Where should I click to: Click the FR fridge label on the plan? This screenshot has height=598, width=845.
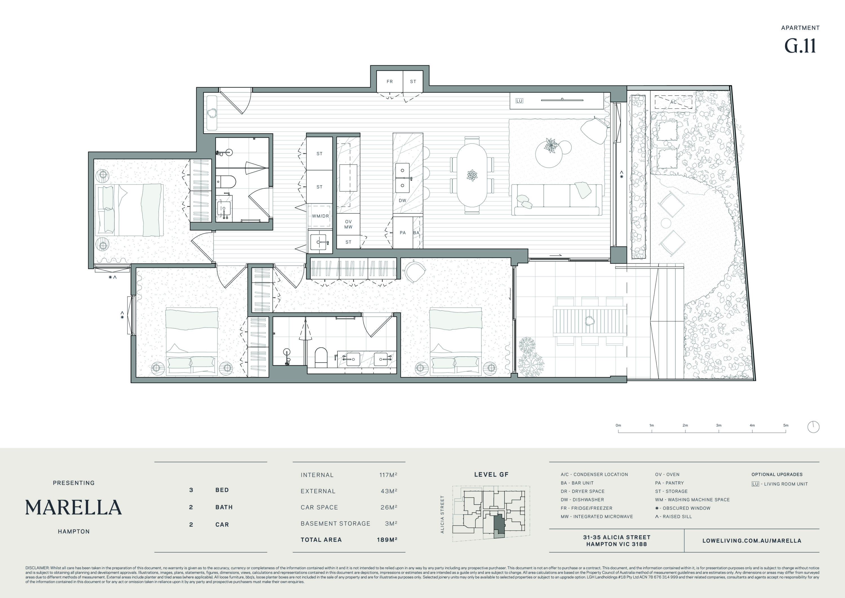point(389,82)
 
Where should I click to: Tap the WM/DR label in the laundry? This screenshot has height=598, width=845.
point(320,216)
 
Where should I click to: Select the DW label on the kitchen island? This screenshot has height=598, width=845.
point(402,200)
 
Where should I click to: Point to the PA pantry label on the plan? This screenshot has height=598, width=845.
point(403,233)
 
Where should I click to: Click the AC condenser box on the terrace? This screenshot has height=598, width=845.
point(673,102)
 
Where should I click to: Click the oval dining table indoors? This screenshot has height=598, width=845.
point(472,175)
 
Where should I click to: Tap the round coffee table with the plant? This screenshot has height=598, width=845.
point(549,154)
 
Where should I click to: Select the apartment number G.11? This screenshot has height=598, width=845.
point(800,46)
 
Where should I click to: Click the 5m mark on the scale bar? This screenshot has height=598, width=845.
point(786,431)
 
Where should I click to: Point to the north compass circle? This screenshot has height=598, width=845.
point(813,427)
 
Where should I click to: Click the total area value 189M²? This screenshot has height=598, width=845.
point(387,540)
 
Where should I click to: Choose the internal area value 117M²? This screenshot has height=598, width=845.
point(388,475)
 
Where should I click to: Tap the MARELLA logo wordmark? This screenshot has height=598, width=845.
point(74,507)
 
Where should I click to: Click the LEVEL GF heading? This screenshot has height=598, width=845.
point(491,475)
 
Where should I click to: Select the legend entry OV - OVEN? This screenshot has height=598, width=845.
point(667,475)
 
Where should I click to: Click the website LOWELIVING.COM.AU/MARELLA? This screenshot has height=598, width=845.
point(752,541)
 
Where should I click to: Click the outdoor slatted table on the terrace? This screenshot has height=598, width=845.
point(590,321)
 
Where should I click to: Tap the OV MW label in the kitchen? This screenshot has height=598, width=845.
point(348,224)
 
